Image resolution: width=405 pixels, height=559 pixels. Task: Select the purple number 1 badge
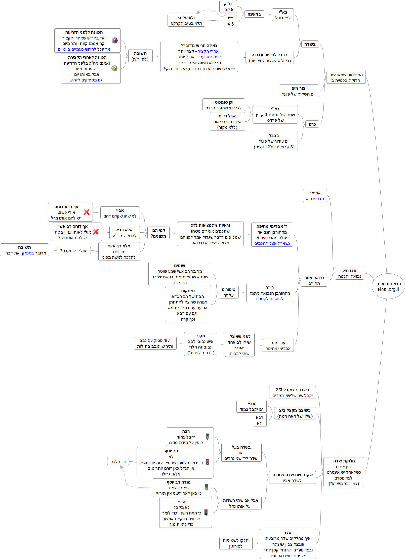[x=114, y=40]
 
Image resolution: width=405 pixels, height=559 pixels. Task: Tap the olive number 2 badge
[x=114, y=68]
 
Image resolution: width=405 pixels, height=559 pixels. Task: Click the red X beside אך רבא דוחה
[x=87, y=212]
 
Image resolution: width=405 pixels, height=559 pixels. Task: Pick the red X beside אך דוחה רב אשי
[x=96, y=232]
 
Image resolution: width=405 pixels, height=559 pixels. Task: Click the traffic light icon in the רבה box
[x=208, y=436]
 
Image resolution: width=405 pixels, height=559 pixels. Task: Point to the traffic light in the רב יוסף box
[x=208, y=462]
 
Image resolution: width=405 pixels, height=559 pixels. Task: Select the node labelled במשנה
[x=254, y=14]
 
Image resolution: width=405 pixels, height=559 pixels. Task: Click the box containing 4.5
[x=230, y=21]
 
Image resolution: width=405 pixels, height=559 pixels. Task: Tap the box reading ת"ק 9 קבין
[x=228, y=7]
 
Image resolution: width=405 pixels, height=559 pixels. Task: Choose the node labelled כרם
[x=312, y=124]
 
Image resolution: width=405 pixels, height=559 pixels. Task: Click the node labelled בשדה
[x=310, y=44]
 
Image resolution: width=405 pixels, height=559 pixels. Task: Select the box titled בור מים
[x=299, y=91]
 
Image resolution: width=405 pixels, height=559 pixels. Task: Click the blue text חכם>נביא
[x=315, y=199]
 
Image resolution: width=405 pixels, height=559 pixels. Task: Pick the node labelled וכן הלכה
[x=118, y=461]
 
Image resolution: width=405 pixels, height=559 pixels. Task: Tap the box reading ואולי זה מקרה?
[x=73, y=250]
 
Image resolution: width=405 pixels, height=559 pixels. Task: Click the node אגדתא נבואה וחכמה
[x=349, y=273]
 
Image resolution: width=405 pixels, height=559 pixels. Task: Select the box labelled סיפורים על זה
[x=228, y=292]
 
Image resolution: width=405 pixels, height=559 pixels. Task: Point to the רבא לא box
[x=259, y=420]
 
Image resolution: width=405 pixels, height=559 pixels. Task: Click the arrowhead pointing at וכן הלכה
[x=122, y=467]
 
